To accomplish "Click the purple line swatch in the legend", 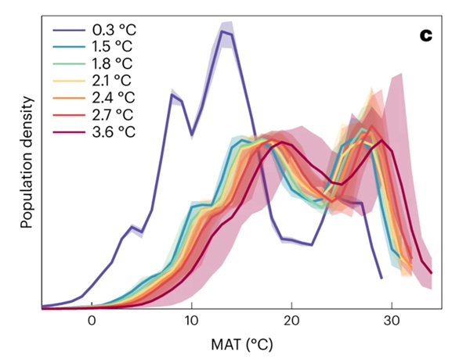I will tap(67, 32).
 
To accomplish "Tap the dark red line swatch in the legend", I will tap(67, 131).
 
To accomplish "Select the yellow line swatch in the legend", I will tap(67, 81).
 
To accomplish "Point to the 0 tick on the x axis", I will tap(92, 320).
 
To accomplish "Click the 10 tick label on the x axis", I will tap(191, 320).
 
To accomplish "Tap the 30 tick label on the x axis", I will tap(391, 320).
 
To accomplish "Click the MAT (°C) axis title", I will tap(240, 344).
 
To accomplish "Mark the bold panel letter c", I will tap(425, 36).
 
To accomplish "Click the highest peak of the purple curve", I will tap(222, 31).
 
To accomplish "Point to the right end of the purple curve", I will tap(381, 277).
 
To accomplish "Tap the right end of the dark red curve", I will tap(431, 273).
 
